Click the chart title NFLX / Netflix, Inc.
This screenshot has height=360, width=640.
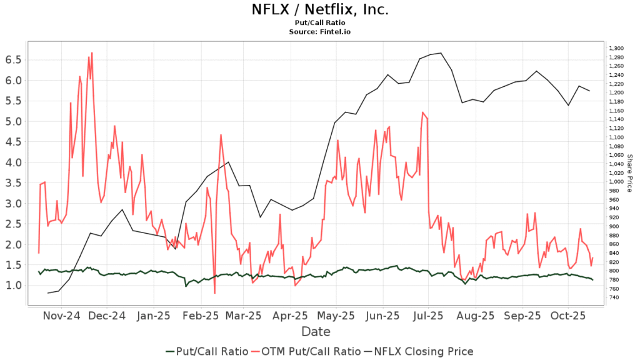(x=320, y=10)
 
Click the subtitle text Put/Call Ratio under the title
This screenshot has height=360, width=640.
(x=320, y=22)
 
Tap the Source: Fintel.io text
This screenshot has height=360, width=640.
(x=320, y=31)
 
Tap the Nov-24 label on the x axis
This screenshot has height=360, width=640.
(x=62, y=316)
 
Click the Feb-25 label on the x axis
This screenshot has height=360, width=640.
(x=200, y=316)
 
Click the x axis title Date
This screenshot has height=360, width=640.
(x=316, y=331)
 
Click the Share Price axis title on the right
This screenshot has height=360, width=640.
(x=630, y=173)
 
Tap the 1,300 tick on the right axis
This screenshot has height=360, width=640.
(x=616, y=48)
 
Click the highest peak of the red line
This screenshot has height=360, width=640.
(x=92, y=53)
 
